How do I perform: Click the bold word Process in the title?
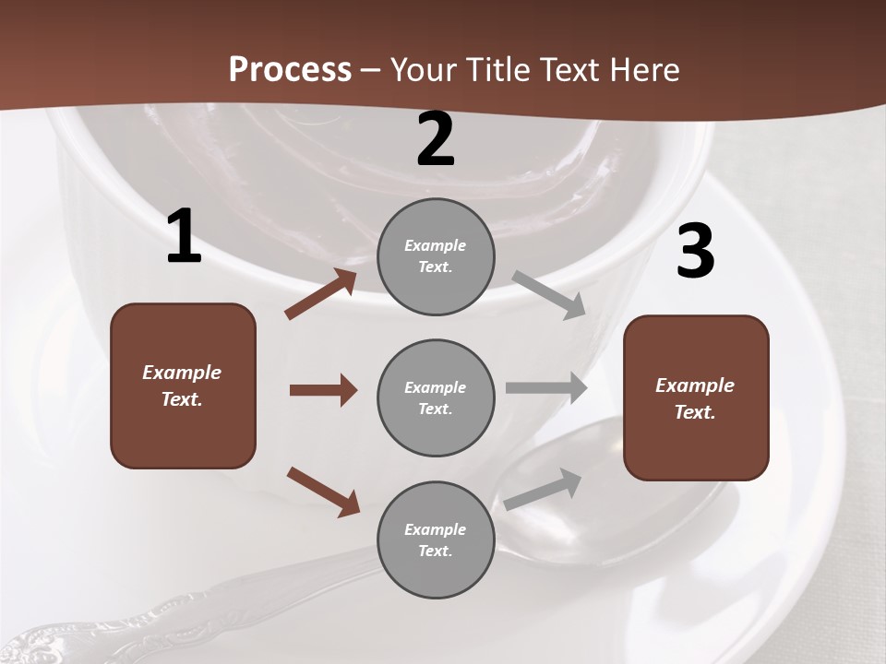tap(290, 69)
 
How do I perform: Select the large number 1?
tap(184, 237)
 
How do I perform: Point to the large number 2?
tap(436, 139)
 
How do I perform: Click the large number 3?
tap(695, 252)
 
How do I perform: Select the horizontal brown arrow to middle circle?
tap(323, 390)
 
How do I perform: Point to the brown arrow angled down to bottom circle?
tap(323, 491)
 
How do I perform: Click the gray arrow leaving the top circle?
tap(549, 295)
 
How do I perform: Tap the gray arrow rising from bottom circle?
tap(543, 489)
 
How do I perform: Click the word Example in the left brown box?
tap(182, 373)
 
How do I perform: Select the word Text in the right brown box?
tap(693, 412)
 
